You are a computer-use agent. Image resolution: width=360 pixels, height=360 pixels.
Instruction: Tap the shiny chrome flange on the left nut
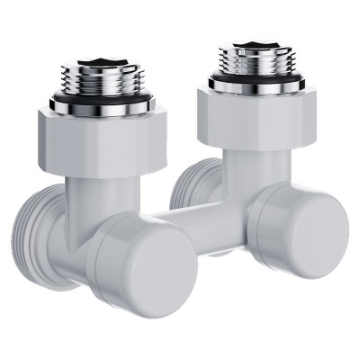point(95,107)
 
